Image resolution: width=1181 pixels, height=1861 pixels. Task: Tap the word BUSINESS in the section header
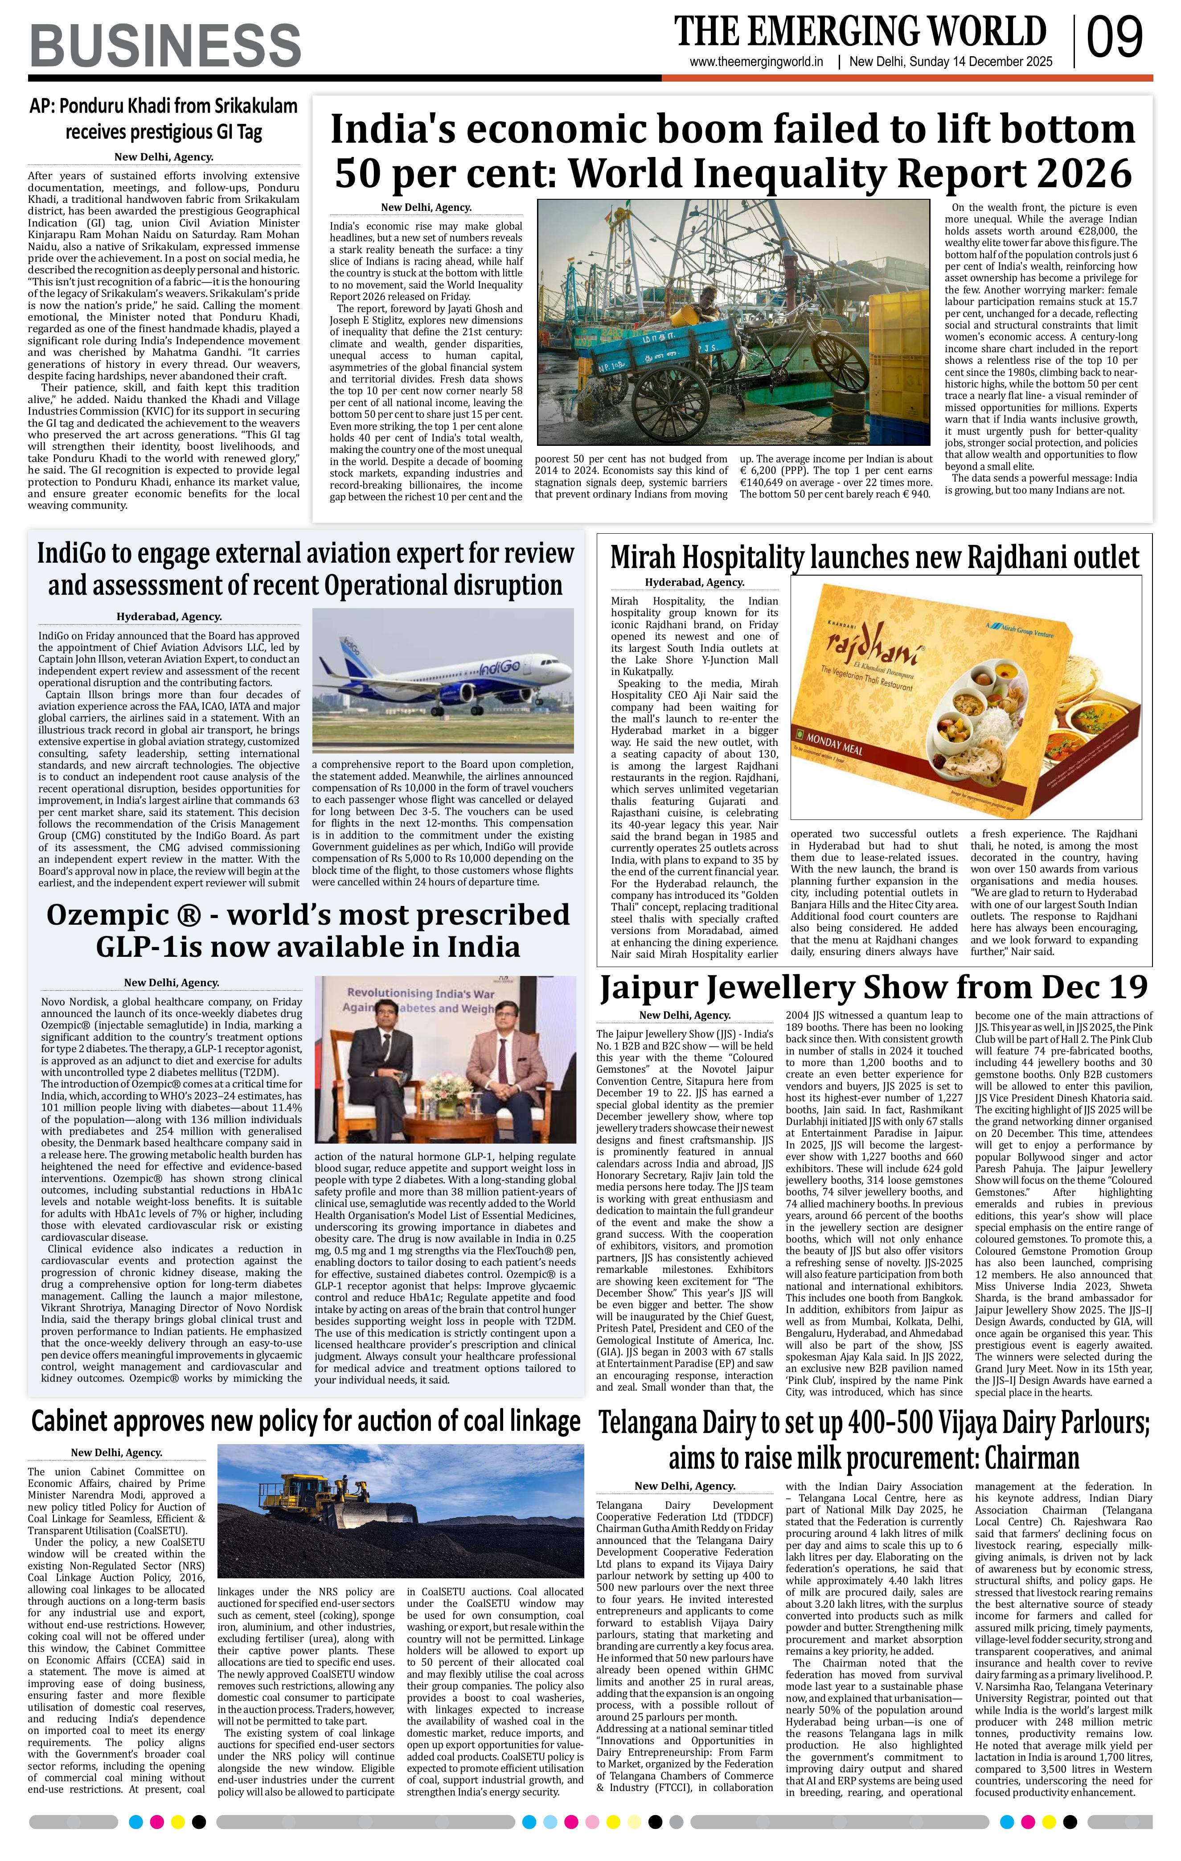[165, 45]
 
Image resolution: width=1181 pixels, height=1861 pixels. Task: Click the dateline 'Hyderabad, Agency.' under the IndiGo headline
[169, 617]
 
